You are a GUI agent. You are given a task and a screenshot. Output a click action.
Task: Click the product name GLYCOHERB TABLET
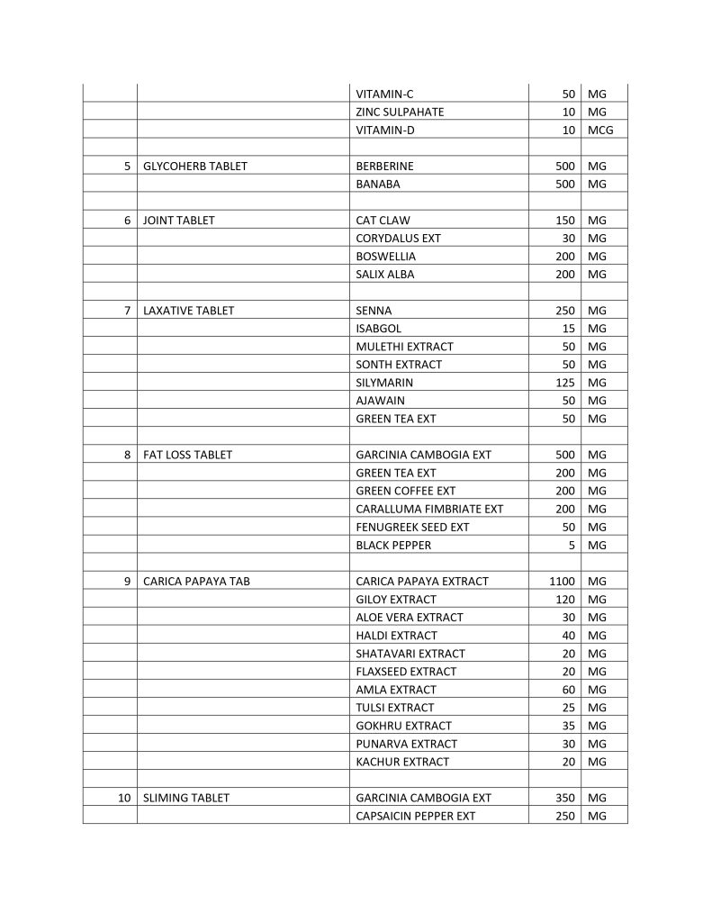pyautogui.click(x=195, y=167)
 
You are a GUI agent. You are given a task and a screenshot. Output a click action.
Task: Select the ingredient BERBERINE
pyautogui.click(x=384, y=167)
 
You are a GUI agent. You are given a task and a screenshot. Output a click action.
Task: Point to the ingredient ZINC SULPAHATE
pyautogui.click(x=400, y=113)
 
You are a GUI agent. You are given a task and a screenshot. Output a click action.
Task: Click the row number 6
pyautogui.click(x=128, y=221)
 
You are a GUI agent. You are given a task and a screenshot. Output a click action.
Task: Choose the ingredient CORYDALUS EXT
pyautogui.click(x=398, y=239)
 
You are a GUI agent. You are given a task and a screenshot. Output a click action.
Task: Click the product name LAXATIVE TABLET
pyautogui.click(x=188, y=311)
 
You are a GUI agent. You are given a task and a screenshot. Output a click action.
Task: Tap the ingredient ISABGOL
pyautogui.click(x=379, y=329)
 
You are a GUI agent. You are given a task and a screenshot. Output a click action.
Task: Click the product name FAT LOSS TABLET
pyautogui.click(x=187, y=455)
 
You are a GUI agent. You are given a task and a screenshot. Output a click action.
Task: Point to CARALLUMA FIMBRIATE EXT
pyautogui.click(x=429, y=509)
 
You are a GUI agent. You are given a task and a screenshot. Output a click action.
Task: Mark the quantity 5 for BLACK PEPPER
pyautogui.click(x=572, y=545)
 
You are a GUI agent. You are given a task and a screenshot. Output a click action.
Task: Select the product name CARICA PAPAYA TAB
pyautogui.click(x=196, y=581)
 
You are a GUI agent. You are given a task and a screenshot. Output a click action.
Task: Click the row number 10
pyautogui.click(x=125, y=798)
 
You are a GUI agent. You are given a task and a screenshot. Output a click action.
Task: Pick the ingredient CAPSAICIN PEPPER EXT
pyautogui.click(x=415, y=816)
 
